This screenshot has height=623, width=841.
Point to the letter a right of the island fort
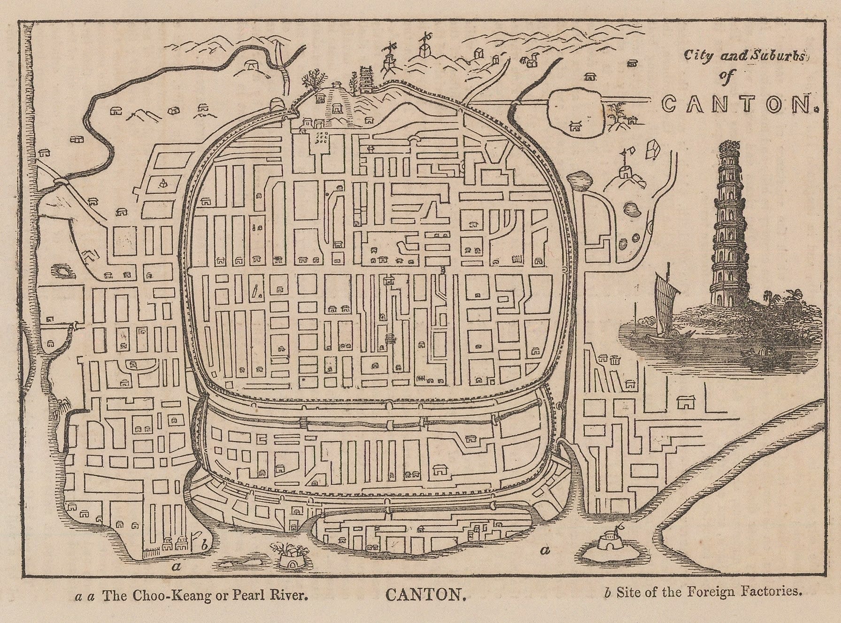coord(545,550)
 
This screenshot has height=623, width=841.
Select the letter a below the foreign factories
coord(177,567)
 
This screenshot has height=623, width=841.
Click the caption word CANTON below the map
coord(425,595)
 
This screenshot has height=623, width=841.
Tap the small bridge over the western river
coord(61,182)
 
